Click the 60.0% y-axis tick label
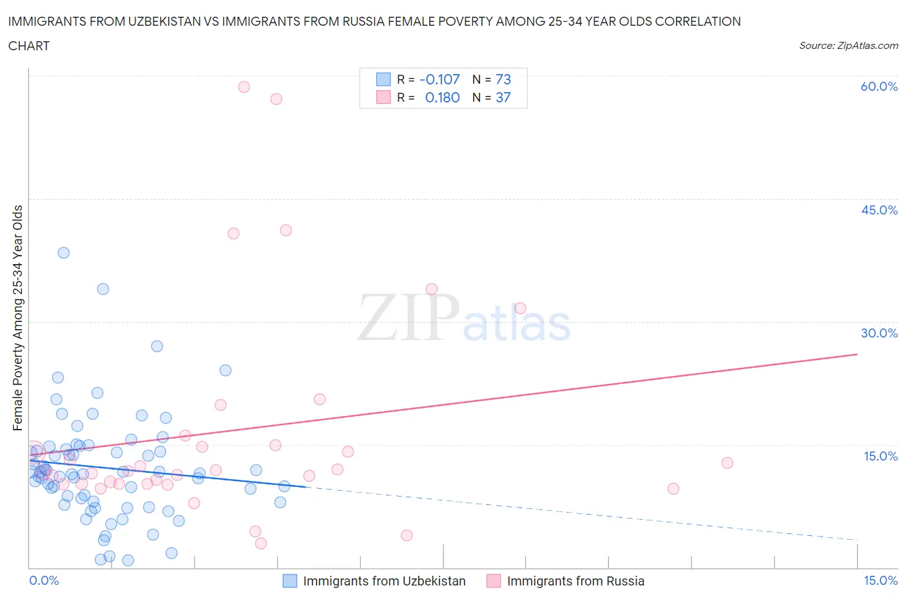(879, 86)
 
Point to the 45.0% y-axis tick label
(879, 210)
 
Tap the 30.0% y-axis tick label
(879, 333)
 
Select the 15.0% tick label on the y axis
(880, 456)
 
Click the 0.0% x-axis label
(44, 580)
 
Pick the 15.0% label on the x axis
(880, 580)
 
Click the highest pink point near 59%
(244, 87)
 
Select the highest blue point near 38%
(63, 252)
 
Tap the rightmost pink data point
(727, 462)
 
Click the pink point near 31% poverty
(520, 309)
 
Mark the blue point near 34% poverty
(103, 289)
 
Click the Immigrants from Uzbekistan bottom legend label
(384, 581)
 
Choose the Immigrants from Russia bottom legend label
(575, 581)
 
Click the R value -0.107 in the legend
(439, 79)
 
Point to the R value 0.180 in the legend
(442, 97)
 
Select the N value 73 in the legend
(503, 79)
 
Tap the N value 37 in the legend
(503, 97)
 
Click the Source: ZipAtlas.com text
(848, 46)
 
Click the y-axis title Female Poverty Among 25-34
(18, 318)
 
